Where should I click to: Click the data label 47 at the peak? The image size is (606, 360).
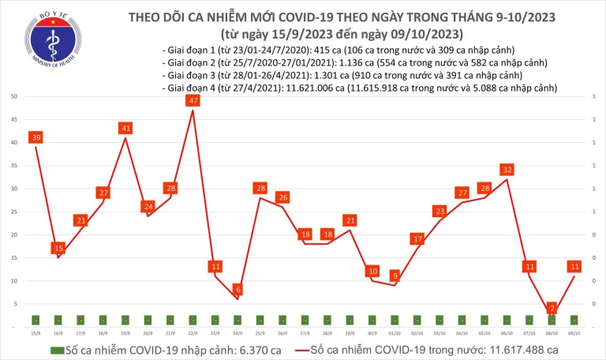coord(193,100)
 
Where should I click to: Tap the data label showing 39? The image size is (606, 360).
coord(35,137)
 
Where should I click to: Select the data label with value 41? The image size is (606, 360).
coord(125,128)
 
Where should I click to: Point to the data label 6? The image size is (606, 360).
coord(238,290)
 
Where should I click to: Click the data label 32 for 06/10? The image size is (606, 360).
coord(507,169)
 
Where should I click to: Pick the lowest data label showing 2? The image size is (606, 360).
coord(552,308)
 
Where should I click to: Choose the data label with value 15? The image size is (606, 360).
coord(58,248)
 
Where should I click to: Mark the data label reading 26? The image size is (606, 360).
coord(282,197)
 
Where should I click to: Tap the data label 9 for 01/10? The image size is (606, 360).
coord(395,276)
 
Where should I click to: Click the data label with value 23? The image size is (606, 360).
coord(440,211)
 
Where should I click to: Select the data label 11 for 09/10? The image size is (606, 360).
coord(575,266)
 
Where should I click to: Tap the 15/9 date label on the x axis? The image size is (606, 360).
coord(35,333)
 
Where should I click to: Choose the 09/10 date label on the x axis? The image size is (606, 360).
coord(575,333)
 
